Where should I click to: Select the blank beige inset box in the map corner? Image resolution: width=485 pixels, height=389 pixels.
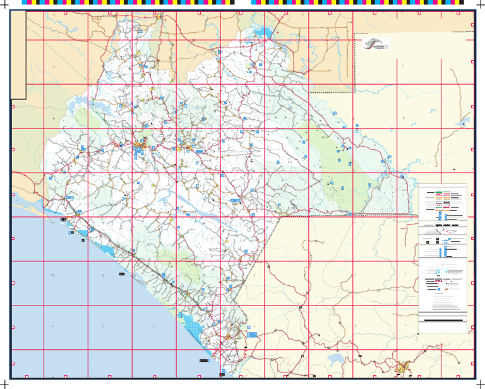18,56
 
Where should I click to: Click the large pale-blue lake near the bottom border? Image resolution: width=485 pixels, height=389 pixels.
334,360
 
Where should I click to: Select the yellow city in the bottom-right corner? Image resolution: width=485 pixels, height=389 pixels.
402,366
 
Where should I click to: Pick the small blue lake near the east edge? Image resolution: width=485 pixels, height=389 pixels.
464,120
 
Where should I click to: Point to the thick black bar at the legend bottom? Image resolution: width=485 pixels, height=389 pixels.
443,321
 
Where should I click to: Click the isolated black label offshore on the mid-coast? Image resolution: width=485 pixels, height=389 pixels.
121,275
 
